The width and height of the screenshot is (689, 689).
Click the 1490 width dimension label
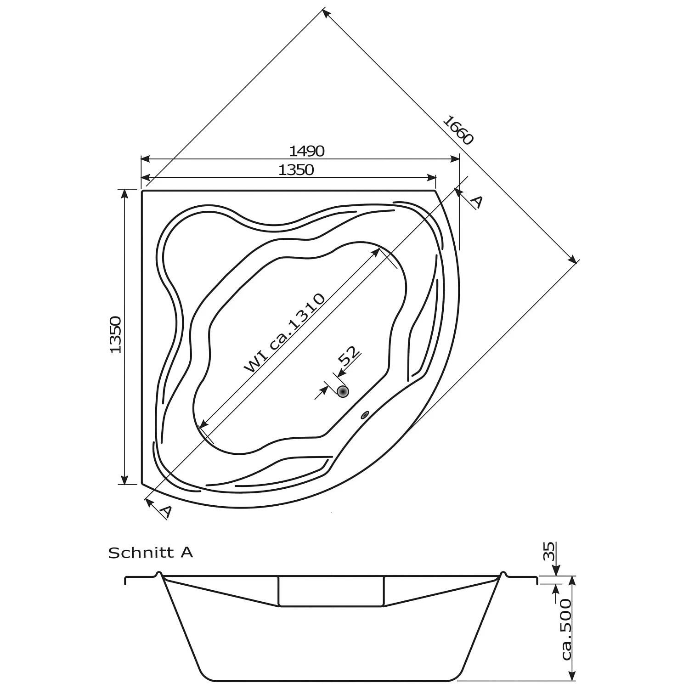(307, 151)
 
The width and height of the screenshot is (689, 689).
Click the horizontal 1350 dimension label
(296, 170)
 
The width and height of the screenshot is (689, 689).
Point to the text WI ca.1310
(285, 333)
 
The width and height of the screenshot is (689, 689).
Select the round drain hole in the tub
(343, 391)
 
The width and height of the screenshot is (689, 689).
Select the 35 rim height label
(549, 552)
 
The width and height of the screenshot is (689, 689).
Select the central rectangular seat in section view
(331, 591)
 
